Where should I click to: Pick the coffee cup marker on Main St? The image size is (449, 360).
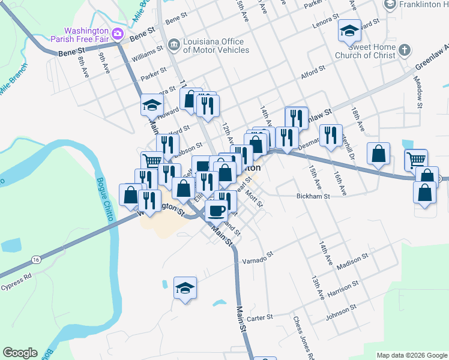(215, 210)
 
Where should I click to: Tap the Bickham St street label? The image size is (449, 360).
(314, 196)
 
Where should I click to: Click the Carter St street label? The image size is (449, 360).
(260, 316)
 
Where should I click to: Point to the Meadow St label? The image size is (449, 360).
(418, 95)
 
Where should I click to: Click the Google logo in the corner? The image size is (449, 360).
(20, 353)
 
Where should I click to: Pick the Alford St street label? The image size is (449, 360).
(313, 73)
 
